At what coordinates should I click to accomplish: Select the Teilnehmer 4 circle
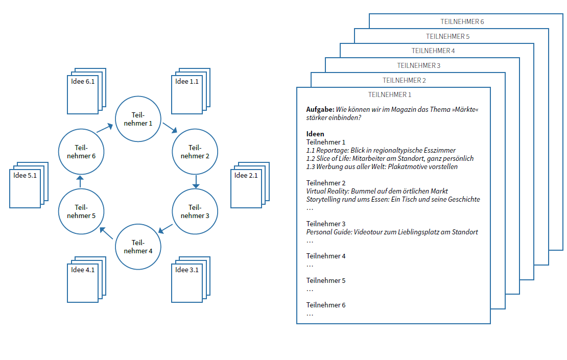138,247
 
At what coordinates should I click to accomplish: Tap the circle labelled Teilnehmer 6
81,152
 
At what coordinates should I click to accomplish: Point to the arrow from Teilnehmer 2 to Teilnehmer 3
196,181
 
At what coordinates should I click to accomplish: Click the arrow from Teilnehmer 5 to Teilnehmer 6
80,183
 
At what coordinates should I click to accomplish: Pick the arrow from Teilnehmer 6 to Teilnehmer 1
105,128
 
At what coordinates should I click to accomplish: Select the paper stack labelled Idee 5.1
29,184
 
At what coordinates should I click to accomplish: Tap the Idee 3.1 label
186,270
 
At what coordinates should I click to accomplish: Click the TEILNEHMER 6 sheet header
462,22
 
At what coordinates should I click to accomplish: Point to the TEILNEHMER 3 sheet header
419,66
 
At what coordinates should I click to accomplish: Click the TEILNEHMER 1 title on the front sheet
390,94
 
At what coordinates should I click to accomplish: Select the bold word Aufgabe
320,110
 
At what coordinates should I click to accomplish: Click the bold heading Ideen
315,134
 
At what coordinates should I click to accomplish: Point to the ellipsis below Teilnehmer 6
310,314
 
